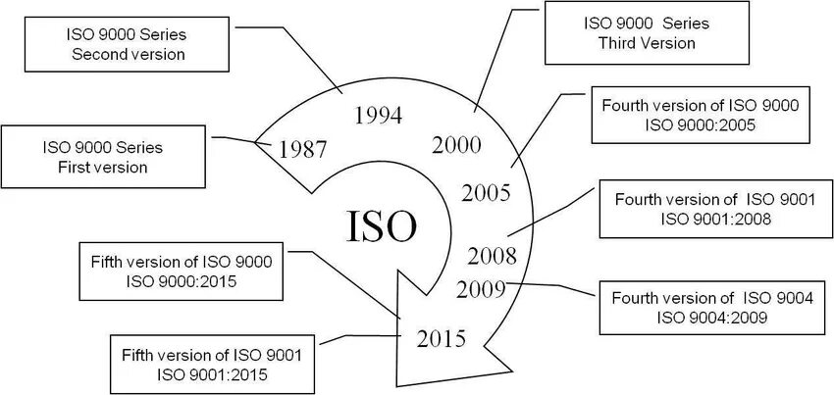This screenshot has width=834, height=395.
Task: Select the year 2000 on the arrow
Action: [x=456, y=145]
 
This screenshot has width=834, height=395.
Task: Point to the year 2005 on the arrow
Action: [x=486, y=191]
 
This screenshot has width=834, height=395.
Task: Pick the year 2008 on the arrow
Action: [x=493, y=257]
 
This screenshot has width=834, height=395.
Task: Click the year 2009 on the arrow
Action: [x=481, y=288]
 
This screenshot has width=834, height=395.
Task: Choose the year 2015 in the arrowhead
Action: [x=442, y=339]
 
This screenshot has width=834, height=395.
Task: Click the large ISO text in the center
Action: [x=383, y=225]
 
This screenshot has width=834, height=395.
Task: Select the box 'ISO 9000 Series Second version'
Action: [x=129, y=45]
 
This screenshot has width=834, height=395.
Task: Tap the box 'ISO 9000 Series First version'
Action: [x=102, y=157]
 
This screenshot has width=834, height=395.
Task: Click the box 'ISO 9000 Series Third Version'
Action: [x=646, y=32]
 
